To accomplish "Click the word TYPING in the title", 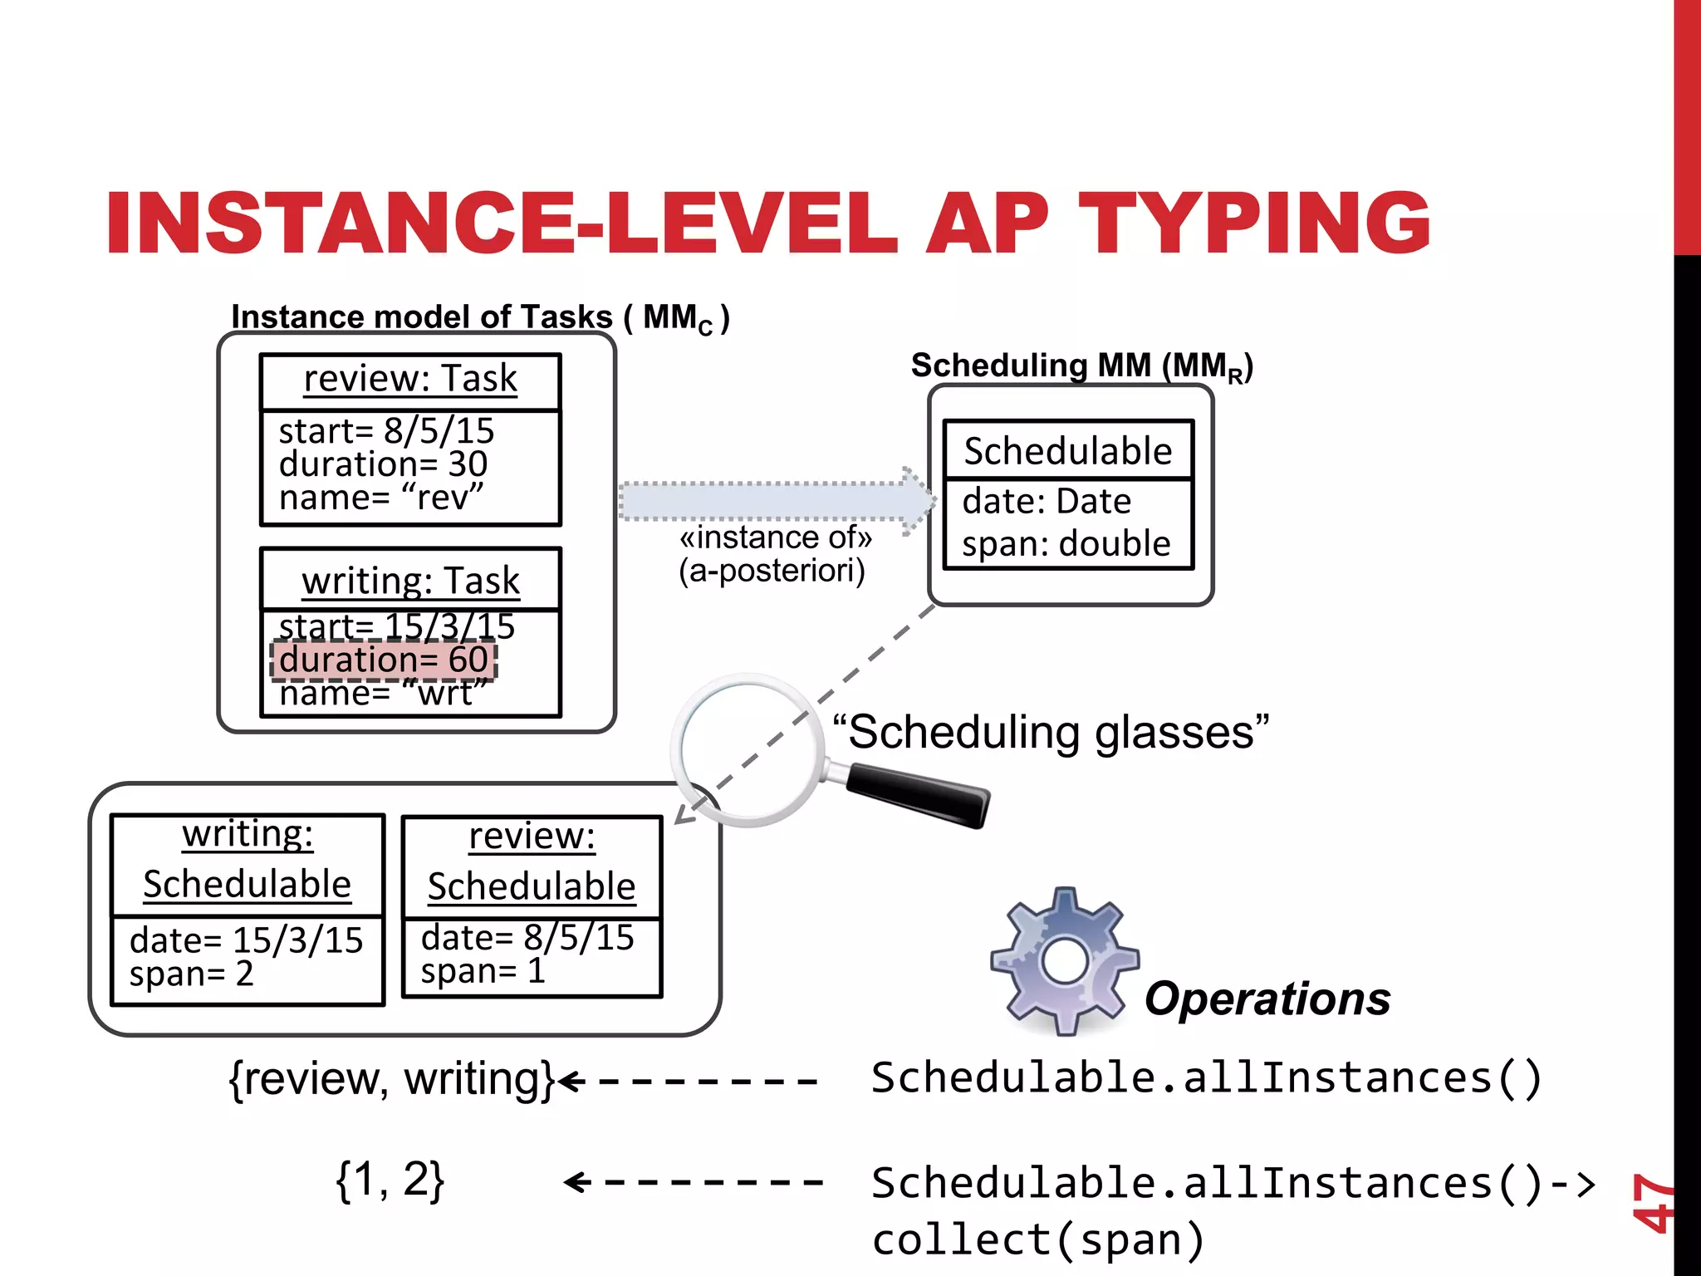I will pos(1254,223).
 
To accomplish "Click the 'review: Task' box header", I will pos(410,380).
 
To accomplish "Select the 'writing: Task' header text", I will pos(410,581).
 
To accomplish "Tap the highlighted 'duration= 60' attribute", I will pos(384,660).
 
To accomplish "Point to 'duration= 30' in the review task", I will pos(383,464).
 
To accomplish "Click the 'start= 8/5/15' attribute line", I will pos(386,431).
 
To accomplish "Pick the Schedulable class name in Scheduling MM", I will pos(1067,451).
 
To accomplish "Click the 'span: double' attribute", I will pos(1066,543).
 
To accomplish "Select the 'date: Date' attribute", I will pos(1047,502).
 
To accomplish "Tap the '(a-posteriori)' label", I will pos(772,571).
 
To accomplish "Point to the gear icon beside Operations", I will pos(1064,960).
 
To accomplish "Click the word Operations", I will pos(1267,999).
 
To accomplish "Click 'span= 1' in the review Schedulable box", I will pos(483,971).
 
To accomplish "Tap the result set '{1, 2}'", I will pos(390,1180).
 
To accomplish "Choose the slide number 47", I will pos(1652,1202).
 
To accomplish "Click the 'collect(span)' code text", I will pos(1038,1239).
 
